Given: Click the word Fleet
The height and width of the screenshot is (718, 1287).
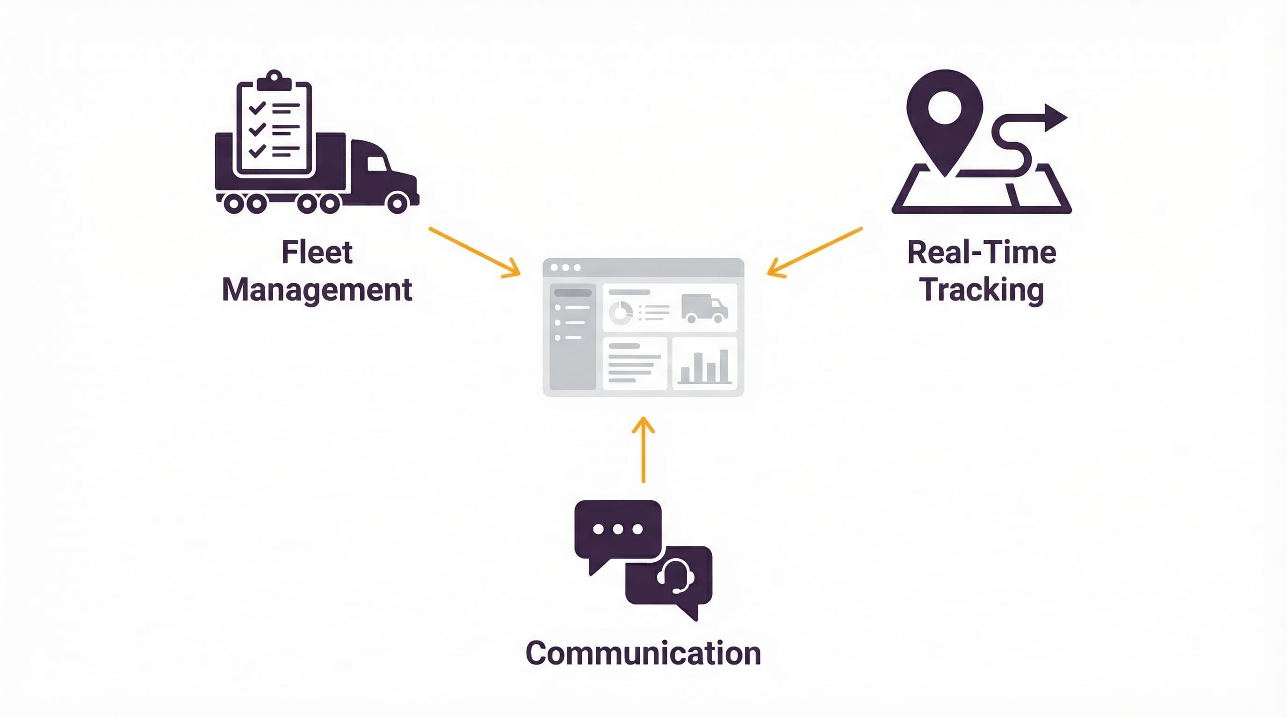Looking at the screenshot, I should [x=317, y=252].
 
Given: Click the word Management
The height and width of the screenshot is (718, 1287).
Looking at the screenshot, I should [x=317, y=290].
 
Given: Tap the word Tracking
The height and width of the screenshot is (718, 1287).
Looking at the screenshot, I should [x=981, y=290].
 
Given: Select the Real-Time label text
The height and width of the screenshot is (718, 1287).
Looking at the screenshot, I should [x=981, y=252].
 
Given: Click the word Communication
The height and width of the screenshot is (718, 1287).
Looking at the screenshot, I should [x=643, y=653].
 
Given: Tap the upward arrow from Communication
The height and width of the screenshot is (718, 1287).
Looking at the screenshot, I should [x=643, y=449].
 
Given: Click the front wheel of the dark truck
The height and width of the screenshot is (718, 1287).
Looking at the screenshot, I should [x=397, y=203].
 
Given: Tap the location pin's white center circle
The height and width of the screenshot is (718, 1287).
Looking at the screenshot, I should [x=944, y=108].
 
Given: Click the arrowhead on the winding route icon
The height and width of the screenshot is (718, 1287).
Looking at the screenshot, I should [x=1055, y=118].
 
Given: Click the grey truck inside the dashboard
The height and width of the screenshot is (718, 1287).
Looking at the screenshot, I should [x=704, y=308].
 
